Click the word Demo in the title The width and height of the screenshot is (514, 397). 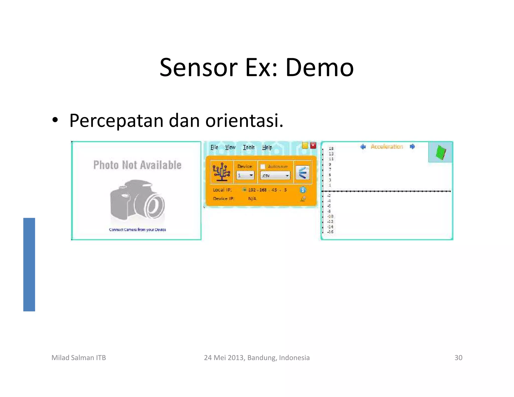pos(319,68)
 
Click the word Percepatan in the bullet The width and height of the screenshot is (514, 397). pos(116,121)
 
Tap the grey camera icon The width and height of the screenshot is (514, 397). pos(137,200)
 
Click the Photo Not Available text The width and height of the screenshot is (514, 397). pos(137,165)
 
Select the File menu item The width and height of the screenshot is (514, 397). pos(214,147)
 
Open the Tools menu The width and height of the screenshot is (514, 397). pos(248,147)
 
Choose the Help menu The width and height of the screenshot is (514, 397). pos(267,147)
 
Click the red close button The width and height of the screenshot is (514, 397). pos(313,146)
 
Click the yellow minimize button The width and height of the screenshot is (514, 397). pos(305,146)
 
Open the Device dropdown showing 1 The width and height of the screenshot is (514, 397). pos(245,175)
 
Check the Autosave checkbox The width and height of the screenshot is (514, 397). pos(263,167)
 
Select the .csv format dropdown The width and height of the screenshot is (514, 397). pos(275,175)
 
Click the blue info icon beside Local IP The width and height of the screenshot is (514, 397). pos(303,190)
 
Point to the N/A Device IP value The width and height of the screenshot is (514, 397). pos(252,199)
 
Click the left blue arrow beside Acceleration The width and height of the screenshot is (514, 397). pos(363,147)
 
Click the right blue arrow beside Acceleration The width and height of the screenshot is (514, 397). pos(412,146)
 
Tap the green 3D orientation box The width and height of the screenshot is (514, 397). pos(441,152)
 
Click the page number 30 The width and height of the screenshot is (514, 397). pos(458,358)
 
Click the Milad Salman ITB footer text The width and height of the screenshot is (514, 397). pos(79,358)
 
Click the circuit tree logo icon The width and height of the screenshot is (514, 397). pos(221,172)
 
